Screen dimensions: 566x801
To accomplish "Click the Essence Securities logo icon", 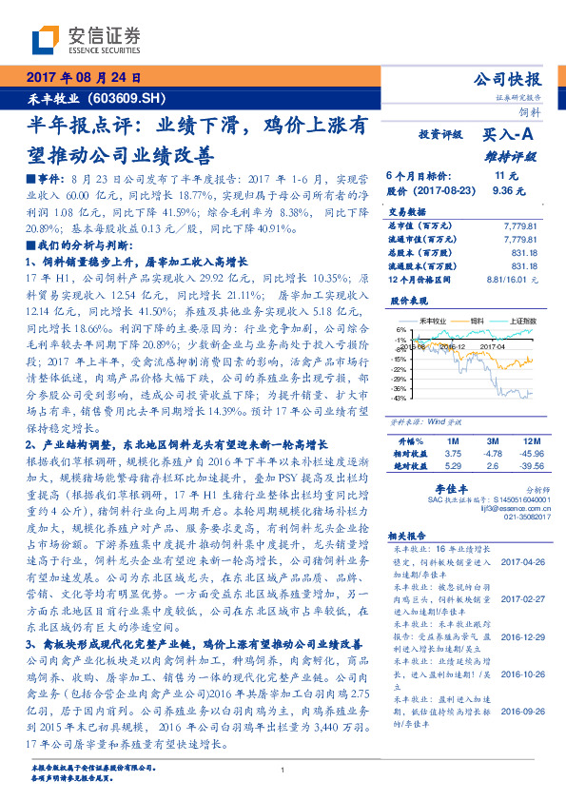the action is click(x=44, y=39).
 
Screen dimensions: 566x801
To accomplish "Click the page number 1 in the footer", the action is click(x=283, y=770).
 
